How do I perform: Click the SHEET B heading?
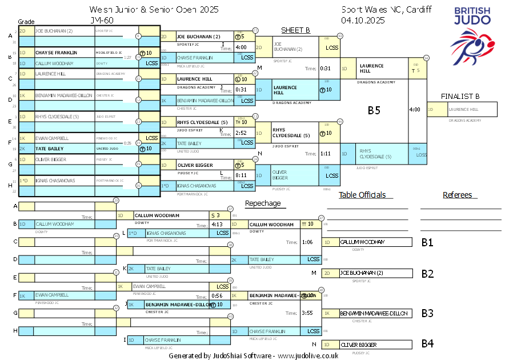295,30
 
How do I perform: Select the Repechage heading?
263,203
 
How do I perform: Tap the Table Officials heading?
362,195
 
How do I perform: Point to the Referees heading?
458,195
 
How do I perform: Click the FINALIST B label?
460,97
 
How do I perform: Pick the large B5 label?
374,110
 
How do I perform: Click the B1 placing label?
427,242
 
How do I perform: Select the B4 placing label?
427,344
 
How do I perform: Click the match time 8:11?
241,175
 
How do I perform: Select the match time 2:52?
241,133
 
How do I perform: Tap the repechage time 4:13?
217,225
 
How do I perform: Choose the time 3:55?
307,313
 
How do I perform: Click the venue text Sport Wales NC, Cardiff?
386,9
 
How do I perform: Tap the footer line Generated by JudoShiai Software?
253,355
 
